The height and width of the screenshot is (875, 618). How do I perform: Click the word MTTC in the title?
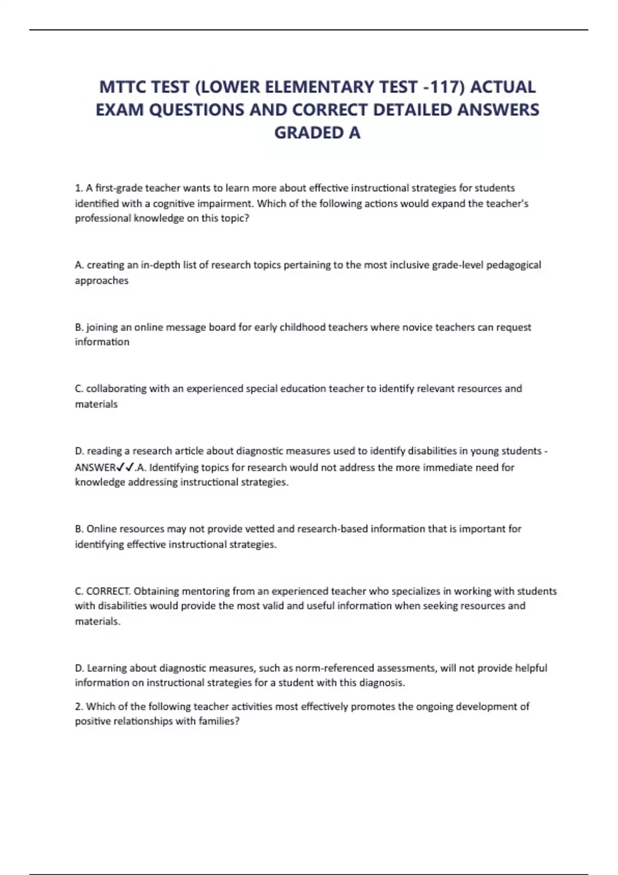coord(122,87)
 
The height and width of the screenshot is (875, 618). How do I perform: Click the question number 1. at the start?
coord(79,188)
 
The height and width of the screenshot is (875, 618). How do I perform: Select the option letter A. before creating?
coord(79,265)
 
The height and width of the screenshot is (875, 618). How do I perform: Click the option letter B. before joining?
coord(79,327)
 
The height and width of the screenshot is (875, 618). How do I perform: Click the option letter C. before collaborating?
coord(79,389)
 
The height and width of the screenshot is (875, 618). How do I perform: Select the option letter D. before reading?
coord(79,451)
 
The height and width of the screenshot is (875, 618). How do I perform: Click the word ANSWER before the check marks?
coord(95,467)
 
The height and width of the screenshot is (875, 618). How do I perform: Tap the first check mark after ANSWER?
coord(119,467)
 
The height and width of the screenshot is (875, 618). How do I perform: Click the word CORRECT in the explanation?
coord(108,591)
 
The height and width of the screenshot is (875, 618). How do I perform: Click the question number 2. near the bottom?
coord(79,707)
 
